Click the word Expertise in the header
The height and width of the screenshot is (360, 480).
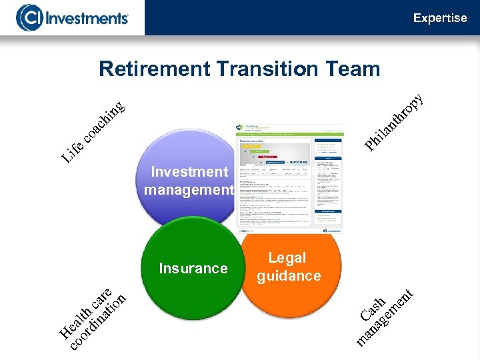click(x=440, y=18)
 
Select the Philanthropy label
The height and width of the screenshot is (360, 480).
click(x=394, y=120)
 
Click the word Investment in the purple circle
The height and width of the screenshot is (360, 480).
click(x=189, y=172)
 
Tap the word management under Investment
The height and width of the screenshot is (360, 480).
click(x=189, y=190)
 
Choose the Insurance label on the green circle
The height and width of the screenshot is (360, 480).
click(x=193, y=269)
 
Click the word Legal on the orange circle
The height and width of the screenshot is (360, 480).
click(x=287, y=258)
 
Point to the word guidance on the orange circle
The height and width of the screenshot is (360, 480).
click(x=289, y=276)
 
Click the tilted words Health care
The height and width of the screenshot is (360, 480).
click(x=83, y=307)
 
